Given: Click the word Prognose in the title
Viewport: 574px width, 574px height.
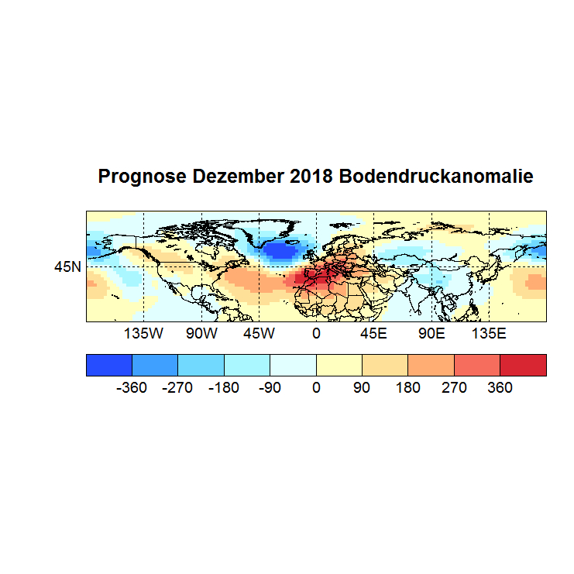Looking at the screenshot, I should (142, 177).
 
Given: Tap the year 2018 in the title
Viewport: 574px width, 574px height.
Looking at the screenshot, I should (310, 177).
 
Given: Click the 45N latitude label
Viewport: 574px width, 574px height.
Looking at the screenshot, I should (67, 267).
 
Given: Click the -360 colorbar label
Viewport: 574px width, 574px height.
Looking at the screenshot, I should (132, 387).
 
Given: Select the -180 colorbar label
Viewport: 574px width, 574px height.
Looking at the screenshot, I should (224, 387).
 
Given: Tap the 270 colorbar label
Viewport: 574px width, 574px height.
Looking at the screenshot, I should (454, 387).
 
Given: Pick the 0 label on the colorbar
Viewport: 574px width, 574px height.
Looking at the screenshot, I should (316, 387).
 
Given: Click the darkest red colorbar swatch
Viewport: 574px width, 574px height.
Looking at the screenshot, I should (523, 364).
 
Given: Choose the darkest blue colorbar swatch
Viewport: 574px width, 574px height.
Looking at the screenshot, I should (109, 364).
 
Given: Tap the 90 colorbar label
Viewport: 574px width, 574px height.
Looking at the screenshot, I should (362, 387).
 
